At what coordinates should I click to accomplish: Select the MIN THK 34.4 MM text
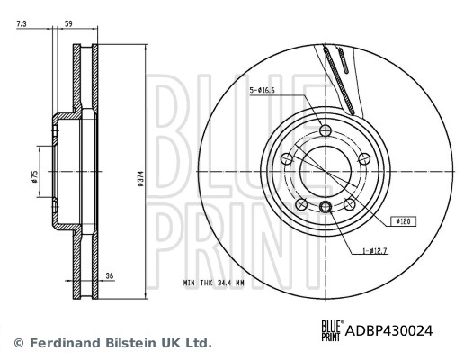(214, 283)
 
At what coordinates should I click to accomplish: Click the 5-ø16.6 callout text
(262, 90)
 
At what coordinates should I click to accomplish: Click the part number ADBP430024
(388, 331)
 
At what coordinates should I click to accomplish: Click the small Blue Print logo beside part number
(330, 331)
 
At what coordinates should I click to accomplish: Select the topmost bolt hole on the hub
(326, 130)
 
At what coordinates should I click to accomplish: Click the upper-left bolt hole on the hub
(287, 159)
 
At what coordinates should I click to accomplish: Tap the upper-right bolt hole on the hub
(364, 159)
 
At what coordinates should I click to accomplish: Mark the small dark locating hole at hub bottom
(326, 209)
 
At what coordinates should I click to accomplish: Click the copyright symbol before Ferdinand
(18, 343)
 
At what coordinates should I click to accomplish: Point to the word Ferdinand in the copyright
(62, 343)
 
